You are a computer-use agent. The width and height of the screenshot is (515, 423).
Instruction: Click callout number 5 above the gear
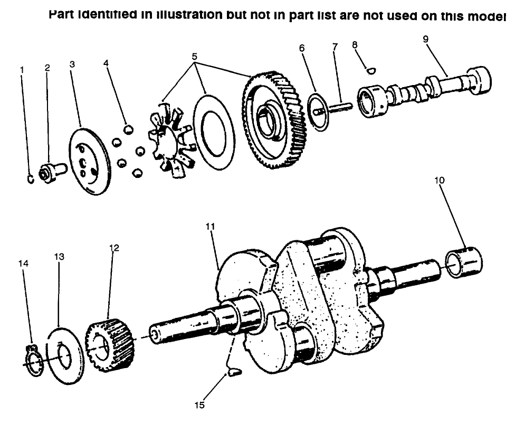pos(195,55)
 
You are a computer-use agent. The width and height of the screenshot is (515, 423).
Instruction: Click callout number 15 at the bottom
pos(200,406)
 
